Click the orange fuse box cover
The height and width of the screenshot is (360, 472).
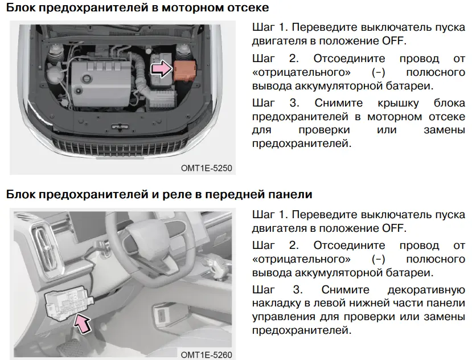coord(185,71)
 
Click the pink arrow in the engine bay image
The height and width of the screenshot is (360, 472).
coord(161,68)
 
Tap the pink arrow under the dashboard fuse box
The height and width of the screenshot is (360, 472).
coord(82,323)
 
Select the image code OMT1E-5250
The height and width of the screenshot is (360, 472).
coord(207,168)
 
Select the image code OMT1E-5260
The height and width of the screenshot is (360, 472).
coord(207,354)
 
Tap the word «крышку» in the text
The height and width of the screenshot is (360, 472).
coord(398,103)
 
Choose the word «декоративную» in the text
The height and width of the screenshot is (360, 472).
coord(426,290)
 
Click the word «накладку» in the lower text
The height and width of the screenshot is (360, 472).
coord(276,304)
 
